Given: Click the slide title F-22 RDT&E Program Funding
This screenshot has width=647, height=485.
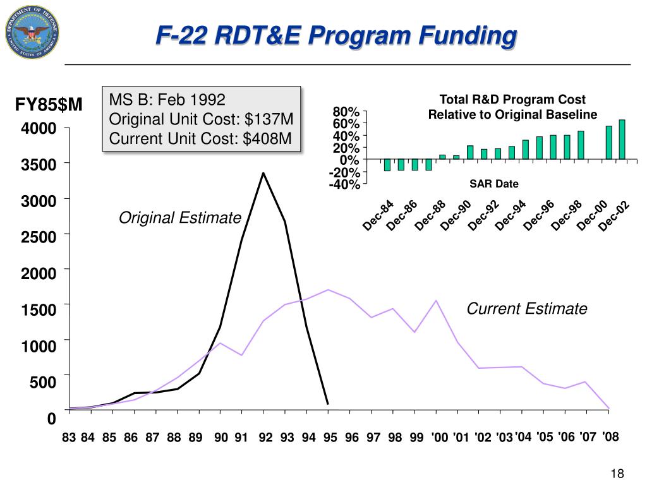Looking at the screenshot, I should click(336, 35).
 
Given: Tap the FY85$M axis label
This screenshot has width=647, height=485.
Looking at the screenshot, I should click(49, 104).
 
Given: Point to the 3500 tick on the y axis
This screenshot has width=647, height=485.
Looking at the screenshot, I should click(39, 165).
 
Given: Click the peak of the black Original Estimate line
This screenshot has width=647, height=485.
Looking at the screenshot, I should click(263, 173).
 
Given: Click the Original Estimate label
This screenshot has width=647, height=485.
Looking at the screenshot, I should click(180, 218).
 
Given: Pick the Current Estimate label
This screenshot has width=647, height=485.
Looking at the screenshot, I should click(527, 309).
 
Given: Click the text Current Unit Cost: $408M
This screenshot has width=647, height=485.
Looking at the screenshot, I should click(200, 138).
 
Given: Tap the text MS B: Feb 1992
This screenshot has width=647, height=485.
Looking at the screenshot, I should click(167, 100).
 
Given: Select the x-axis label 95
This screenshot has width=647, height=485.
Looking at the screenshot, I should click(330, 438).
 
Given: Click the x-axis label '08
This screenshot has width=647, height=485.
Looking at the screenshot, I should click(610, 436).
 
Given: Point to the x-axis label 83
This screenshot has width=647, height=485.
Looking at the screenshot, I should click(69, 438).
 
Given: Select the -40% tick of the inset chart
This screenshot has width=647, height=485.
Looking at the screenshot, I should click(344, 184).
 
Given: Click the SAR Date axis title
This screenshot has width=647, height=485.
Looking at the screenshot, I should click(493, 184).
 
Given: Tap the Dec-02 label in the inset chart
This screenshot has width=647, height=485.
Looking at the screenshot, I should click(615, 215).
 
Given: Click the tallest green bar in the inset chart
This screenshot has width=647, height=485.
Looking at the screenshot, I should click(622, 139).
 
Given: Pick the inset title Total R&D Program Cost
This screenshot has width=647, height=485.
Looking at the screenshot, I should click(512, 100).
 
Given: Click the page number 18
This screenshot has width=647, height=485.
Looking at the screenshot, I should click(617, 474).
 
